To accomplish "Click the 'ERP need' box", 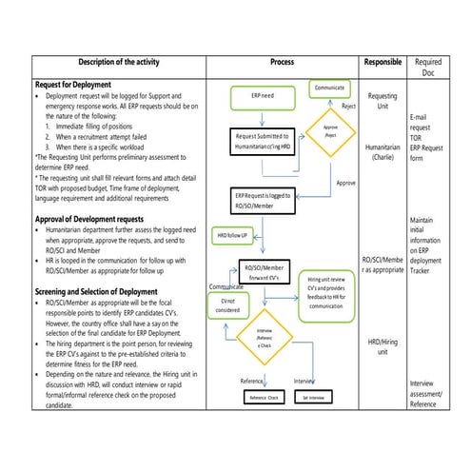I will [264, 97].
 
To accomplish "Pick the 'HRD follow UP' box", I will [232, 233].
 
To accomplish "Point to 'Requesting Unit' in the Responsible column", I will [383, 102].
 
